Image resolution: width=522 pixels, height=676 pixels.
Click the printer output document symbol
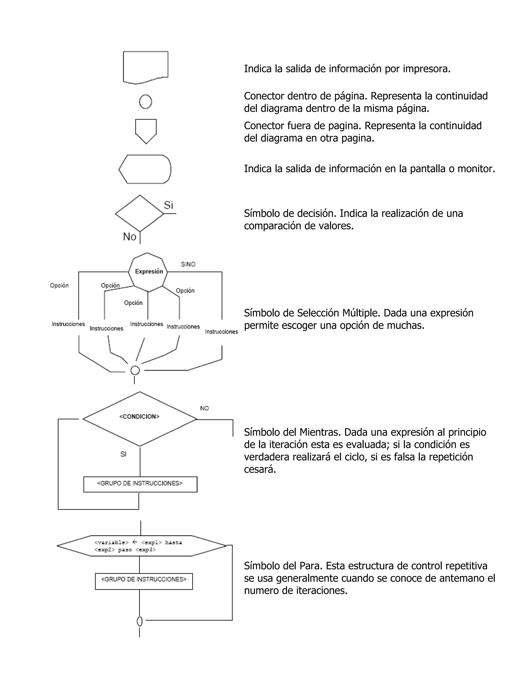tap(145, 67)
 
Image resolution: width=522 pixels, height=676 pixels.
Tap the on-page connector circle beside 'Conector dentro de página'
tap(145, 102)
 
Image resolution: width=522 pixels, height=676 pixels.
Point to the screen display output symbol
tap(145, 169)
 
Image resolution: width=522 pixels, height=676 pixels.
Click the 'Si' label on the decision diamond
tap(168, 205)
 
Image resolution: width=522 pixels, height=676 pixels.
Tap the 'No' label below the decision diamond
tap(129, 237)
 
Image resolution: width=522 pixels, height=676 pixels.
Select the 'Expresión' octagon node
tap(148, 271)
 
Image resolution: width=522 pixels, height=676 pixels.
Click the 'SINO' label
tap(188, 264)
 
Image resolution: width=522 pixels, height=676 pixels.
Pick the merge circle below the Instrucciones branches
tap(135, 370)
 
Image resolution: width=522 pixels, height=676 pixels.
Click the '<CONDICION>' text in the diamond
tap(139, 417)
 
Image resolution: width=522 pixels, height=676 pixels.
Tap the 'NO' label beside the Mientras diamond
tap(204, 408)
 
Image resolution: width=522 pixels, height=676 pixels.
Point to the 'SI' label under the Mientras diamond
tap(123, 454)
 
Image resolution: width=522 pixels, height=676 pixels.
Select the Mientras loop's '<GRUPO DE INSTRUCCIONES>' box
tap(140, 484)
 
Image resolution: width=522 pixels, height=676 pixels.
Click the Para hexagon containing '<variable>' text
tap(142, 546)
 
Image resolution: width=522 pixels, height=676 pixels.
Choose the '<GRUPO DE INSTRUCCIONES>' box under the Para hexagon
tap(144, 581)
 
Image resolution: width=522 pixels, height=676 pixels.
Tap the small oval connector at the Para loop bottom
tap(139, 621)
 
